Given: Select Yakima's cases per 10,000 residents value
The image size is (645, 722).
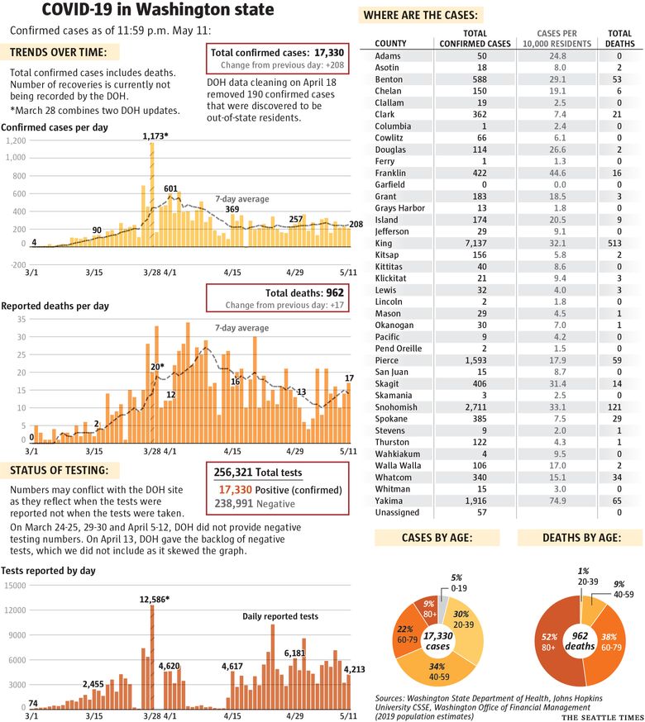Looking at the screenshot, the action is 557,501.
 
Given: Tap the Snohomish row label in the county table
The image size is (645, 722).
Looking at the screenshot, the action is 395,407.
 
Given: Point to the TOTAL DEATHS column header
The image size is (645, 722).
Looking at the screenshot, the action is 619,38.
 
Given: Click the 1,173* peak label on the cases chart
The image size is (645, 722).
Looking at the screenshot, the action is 155,136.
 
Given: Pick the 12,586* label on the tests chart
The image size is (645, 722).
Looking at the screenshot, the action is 155,600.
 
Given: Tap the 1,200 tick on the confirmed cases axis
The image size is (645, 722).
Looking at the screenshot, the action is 16,141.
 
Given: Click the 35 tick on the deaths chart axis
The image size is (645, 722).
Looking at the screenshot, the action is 21,319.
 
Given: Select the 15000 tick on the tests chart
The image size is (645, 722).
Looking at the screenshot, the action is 15,586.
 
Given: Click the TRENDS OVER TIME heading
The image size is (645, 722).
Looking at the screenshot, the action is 58,53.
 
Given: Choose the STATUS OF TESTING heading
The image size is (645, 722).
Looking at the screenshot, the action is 59,470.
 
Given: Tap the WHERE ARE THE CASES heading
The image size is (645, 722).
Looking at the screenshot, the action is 420,15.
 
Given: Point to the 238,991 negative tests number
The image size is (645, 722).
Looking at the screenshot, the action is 233,504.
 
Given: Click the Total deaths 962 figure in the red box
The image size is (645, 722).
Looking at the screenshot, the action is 304,293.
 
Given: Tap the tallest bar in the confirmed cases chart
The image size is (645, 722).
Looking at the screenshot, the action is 151,194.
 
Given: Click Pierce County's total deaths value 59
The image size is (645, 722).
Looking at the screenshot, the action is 617,360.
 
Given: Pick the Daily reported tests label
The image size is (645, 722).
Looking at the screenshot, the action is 280,616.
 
